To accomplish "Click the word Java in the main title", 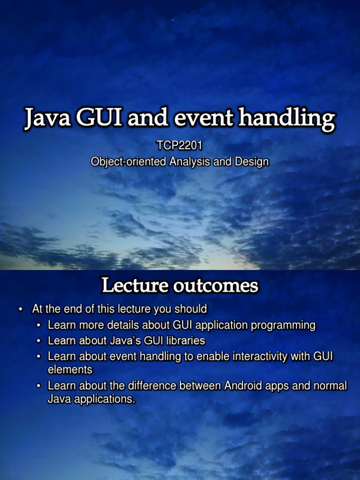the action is pos(47,118).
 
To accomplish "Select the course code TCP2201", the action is pos(180,146).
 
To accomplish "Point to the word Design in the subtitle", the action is pos(252,162).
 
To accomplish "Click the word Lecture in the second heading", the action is pos(135,285).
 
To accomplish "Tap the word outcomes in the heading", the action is pos(216,286).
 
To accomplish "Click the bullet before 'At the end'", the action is pos(21,309).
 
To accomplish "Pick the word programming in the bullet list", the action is pos(283,325).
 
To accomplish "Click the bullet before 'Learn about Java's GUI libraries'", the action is pos(38,341).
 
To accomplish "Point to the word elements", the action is pos(70,370).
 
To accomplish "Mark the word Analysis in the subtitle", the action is pos(189,162).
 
